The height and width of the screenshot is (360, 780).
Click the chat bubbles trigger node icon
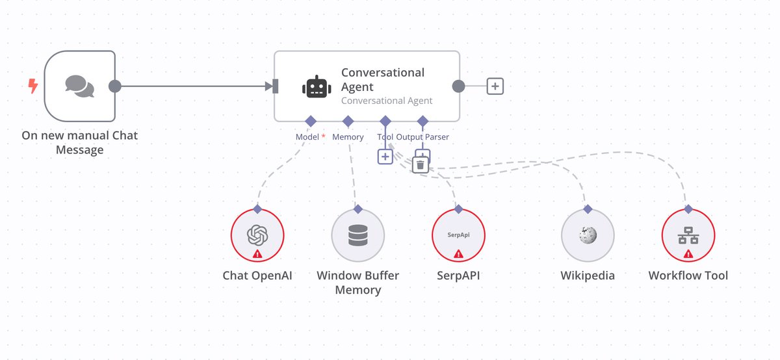pos(80,86)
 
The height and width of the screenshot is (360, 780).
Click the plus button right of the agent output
pos(495,86)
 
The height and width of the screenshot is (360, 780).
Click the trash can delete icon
pos(421,165)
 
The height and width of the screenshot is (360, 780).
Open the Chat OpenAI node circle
pos(257,235)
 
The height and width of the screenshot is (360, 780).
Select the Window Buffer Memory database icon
pos(357,235)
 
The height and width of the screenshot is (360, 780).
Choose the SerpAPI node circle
pos(458,235)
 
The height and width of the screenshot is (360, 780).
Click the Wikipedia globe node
pos(588,235)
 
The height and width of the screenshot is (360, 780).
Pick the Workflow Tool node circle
pos(688,235)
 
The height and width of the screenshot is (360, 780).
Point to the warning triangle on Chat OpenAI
pos(257,254)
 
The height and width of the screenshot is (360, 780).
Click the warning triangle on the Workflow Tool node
pos(688,254)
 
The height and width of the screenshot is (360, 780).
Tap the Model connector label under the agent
pos(307,137)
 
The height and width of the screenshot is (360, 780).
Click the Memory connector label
pos(348,137)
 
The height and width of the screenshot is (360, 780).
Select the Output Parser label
pos(422,137)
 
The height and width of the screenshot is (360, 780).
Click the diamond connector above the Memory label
pos(348,121)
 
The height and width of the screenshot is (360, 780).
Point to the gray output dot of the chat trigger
pos(115,86)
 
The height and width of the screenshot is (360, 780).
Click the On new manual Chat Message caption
pos(80,143)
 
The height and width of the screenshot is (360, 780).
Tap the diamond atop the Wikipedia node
pos(588,209)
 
